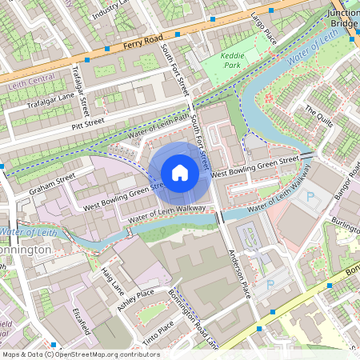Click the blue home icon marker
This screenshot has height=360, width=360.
[x=180, y=173]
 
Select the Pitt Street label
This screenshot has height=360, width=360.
[x=88, y=123]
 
